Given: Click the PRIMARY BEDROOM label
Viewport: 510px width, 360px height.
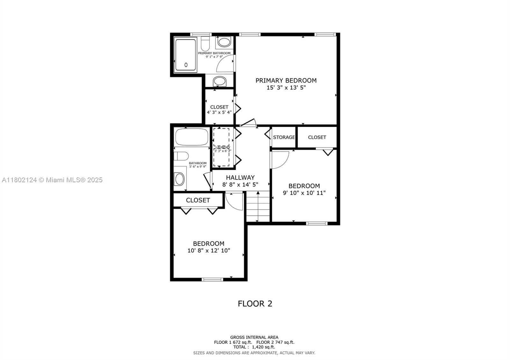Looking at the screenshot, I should (x=286, y=81).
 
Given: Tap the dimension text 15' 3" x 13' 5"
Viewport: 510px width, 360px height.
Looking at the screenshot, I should (x=286, y=88).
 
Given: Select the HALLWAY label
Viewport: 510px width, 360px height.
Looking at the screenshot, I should (x=240, y=177).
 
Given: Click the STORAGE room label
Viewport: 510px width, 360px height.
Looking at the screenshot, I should (x=284, y=137).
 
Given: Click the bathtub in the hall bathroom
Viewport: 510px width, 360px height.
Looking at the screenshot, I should (x=192, y=137).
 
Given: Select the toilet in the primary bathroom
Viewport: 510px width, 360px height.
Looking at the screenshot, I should (x=205, y=42).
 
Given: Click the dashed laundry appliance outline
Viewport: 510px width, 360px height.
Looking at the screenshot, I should (x=221, y=147).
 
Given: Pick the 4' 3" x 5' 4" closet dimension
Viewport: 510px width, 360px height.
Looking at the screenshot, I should (x=219, y=112).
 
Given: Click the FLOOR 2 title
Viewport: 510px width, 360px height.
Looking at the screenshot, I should (x=255, y=304).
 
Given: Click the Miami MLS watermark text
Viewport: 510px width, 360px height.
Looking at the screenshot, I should (x=52, y=180).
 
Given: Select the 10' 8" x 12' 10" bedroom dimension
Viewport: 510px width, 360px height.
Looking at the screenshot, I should (x=208, y=251).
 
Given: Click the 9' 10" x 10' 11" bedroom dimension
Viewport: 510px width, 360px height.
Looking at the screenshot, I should (x=304, y=193).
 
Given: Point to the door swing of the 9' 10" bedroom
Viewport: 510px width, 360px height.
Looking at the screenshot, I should (x=280, y=159).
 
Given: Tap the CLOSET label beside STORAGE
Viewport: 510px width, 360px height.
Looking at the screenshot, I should (x=317, y=137).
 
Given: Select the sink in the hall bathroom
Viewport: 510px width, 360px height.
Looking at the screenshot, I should (x=179, y=179).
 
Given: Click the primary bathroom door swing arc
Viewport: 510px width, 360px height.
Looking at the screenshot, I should (x=224, y=63).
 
